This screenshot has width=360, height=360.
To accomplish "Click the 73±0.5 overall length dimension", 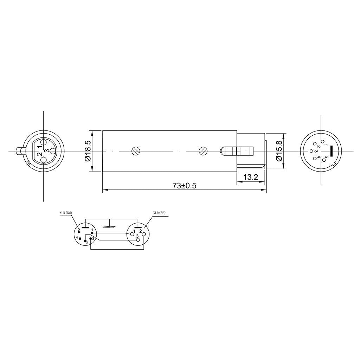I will (x=184, y=186).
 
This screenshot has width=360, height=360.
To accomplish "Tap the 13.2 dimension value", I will (x=251, y=177).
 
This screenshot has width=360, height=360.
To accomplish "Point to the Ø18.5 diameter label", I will (x=88, y=151).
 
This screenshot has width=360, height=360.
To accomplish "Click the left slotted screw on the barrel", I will (x=136, y=151).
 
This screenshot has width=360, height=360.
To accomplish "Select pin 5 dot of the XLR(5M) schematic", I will (x=79, y=232).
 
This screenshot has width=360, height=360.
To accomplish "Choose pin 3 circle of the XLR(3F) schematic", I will (x=137, y=240).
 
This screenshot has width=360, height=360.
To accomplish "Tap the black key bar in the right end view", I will (x=331, y=151).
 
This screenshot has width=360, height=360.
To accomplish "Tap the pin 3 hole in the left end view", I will (x=52, y=151).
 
